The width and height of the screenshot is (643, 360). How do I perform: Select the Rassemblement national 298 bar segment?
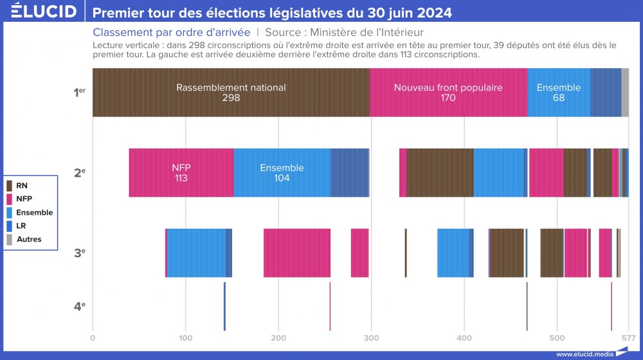pyautogui.click(x=231, y=93)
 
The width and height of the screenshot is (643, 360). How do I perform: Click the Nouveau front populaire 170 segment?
pyautogui.click(x=448, y=93)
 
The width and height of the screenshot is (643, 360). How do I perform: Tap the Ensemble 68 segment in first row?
pyautogui.click(x=558, y=93)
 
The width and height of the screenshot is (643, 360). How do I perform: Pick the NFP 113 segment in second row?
pyautogui.click(x=181, y=172)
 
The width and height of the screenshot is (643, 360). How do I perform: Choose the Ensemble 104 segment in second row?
pyautogui.click(x=282, y=172)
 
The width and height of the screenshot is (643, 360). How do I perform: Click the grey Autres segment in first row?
pyautogui.click(x=625, y=93)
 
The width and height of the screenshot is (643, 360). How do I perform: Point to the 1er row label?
pyautogui.click(x=79, y=93)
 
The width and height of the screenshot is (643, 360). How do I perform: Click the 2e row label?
pyautogui.click(x=79, y=172)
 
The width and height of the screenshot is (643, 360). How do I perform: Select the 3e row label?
pyautogui.click(x=79, y=253)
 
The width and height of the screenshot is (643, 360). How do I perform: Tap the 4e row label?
pyautogui.click(x=79, y=306)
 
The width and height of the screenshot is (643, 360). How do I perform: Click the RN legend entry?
pyautogui.click(x=21, y=186)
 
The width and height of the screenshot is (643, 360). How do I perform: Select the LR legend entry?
pyautogui.click(x=21, y=226)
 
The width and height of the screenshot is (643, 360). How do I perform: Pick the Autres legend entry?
pyautogui.click(x=28, y=239)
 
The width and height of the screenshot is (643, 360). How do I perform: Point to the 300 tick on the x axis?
pyautogui.click(x=371, y=337)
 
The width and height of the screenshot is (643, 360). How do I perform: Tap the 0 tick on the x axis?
pyautogui.click(x=93, y=337)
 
